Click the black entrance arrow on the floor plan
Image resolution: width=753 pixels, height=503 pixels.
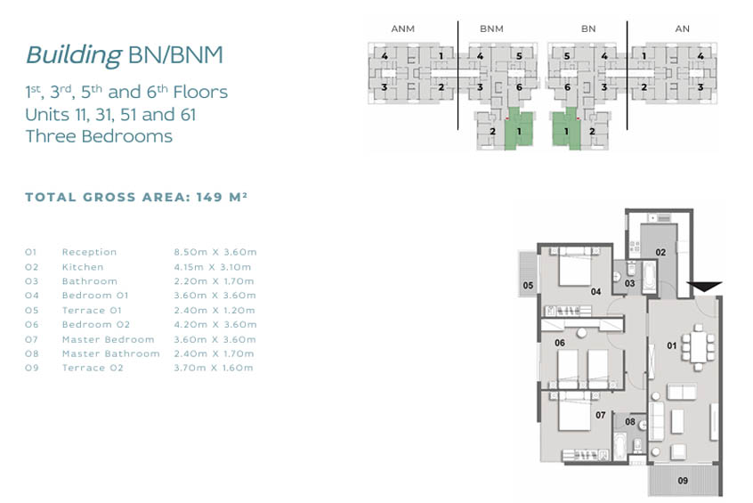tap(704, 287)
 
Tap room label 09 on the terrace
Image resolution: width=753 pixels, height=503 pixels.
tap(683, 481)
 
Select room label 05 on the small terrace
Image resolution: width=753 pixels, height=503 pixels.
tap(528, 286)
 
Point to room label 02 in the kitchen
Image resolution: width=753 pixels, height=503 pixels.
tap(660, 252)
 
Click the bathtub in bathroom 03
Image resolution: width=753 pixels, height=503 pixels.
tap(649, 277)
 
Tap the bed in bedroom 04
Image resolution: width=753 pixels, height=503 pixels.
tap(575, 267)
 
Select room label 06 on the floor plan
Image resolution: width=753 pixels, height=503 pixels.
tap(560, 343)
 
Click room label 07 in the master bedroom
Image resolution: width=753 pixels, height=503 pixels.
tap(600, 415)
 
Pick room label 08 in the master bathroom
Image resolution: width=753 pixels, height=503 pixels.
tap(630, 422)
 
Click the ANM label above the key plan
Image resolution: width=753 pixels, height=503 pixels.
tap(403, 28)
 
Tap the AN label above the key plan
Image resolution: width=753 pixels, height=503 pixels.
tap(683, 28)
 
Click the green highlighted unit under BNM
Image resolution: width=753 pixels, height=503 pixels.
tap(519, 130)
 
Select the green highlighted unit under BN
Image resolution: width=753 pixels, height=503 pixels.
tap(567, 130)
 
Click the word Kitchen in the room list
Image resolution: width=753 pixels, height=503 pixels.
tap(83, 267)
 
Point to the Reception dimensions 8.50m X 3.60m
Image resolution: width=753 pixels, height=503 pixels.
tap(215, 252)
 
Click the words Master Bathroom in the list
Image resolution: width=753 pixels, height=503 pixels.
tap(111, 353)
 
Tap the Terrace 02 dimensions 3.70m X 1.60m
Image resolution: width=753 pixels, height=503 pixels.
tap(214, 368)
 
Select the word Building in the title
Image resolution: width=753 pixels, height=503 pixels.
tap(74, 55)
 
